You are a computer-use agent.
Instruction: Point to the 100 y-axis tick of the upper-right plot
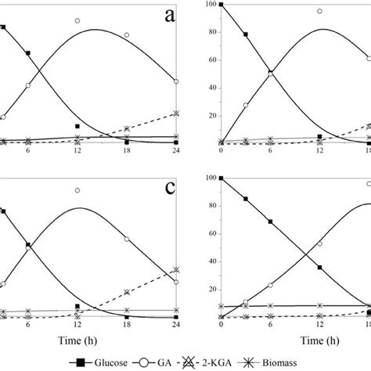[x=210, y=5]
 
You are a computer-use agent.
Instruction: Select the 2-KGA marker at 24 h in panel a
[x=175, y=113]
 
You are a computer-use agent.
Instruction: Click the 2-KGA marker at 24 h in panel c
[x=175, y=269]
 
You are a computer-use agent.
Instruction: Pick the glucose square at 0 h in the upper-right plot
[x=222, y=5]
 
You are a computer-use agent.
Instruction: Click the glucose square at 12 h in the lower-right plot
[x=319, y=268]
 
